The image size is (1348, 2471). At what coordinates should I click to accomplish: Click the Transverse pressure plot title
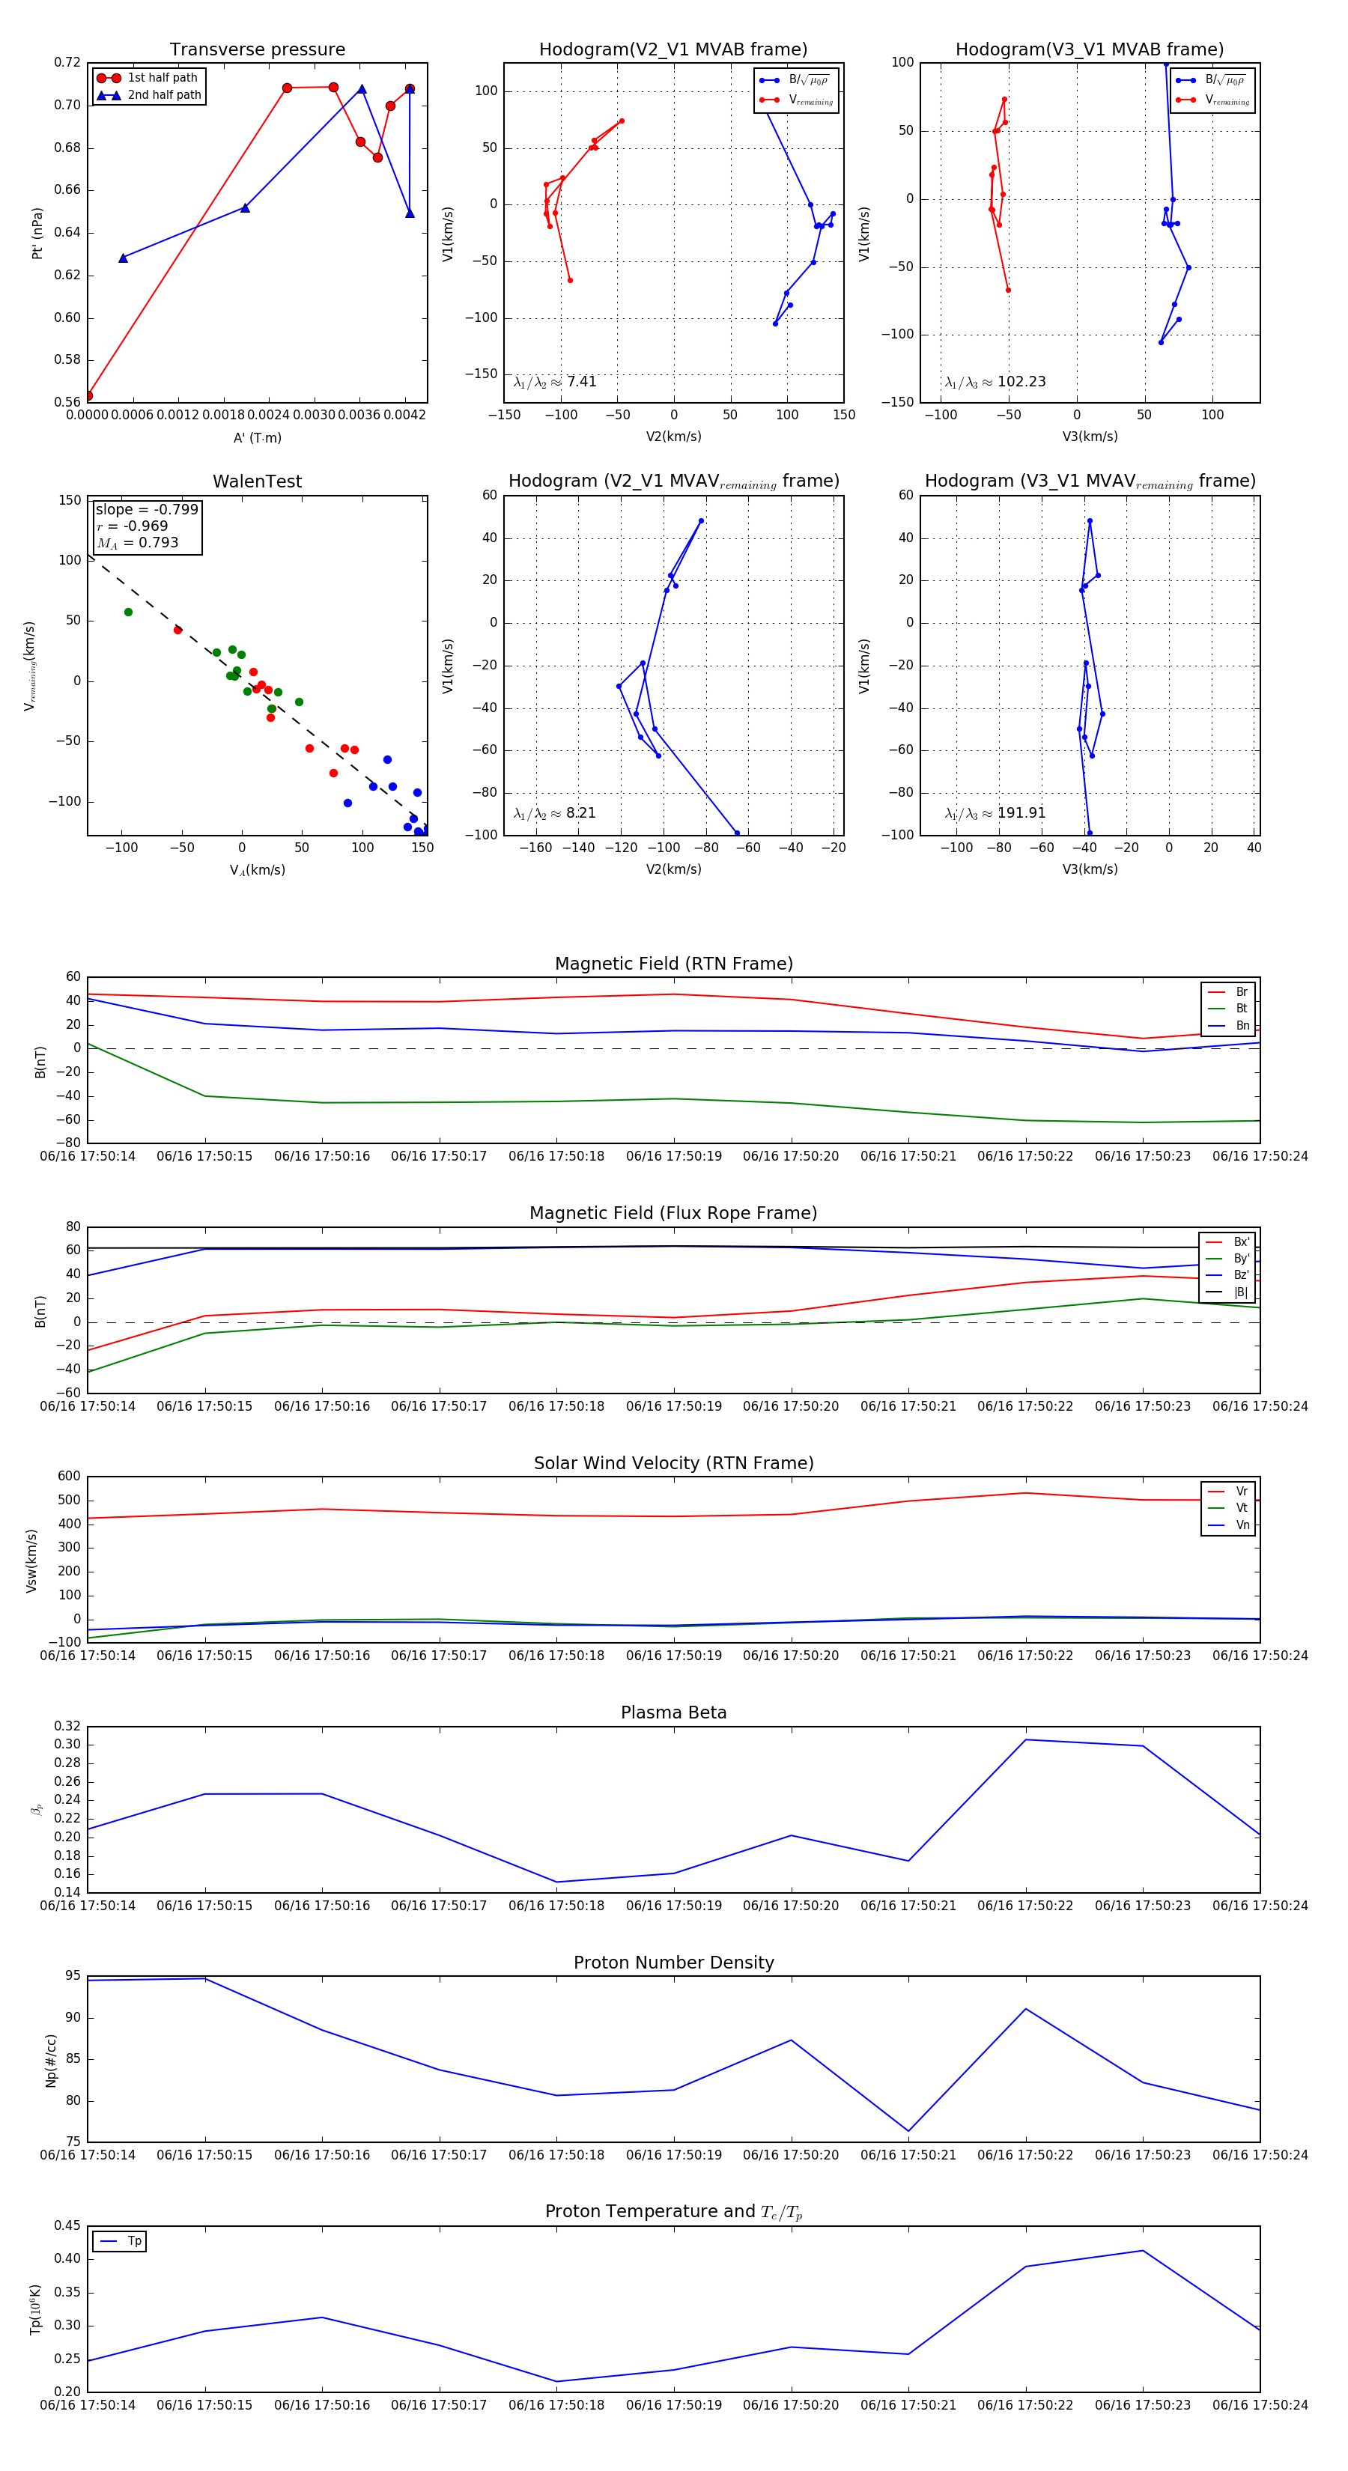tap(257, 50)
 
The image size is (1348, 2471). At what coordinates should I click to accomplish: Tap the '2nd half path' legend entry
tap(164, 95)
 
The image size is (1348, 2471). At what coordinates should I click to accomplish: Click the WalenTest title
tap(257, 481)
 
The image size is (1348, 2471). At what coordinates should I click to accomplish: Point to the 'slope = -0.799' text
tap(147, 509)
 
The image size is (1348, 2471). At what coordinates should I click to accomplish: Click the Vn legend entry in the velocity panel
tap(1242, 1525)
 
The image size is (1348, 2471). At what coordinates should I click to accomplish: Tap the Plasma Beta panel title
tap(673, 1713)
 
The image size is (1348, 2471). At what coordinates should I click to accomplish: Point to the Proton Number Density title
tap(673, 1963)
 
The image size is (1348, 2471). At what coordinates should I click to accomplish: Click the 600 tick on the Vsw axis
tap(69, 1477)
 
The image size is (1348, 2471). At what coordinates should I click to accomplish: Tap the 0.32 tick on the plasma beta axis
tap(67, 1726)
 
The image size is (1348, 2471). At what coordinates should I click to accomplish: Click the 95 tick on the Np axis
tap(73, 1975)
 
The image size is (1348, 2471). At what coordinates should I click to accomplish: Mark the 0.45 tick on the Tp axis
tap(67, 2225)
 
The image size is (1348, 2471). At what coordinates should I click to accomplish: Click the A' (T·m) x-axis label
tap(257, 437)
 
